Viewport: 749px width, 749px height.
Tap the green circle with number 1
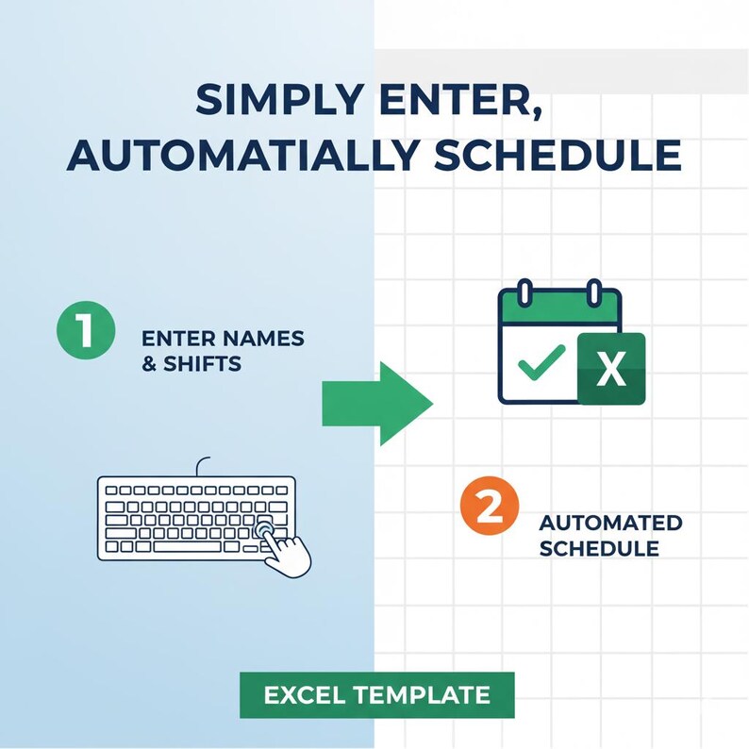click(x=85, y=333)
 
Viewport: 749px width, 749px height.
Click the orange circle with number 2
click(x=489, y=509)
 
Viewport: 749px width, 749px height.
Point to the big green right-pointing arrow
click(x=376, y=402)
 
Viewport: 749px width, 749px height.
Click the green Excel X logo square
click(x=611, y=369)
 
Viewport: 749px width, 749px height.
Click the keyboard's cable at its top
click(x=200, y=466)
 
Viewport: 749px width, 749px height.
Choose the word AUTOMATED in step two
click(x=610, y=523)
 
